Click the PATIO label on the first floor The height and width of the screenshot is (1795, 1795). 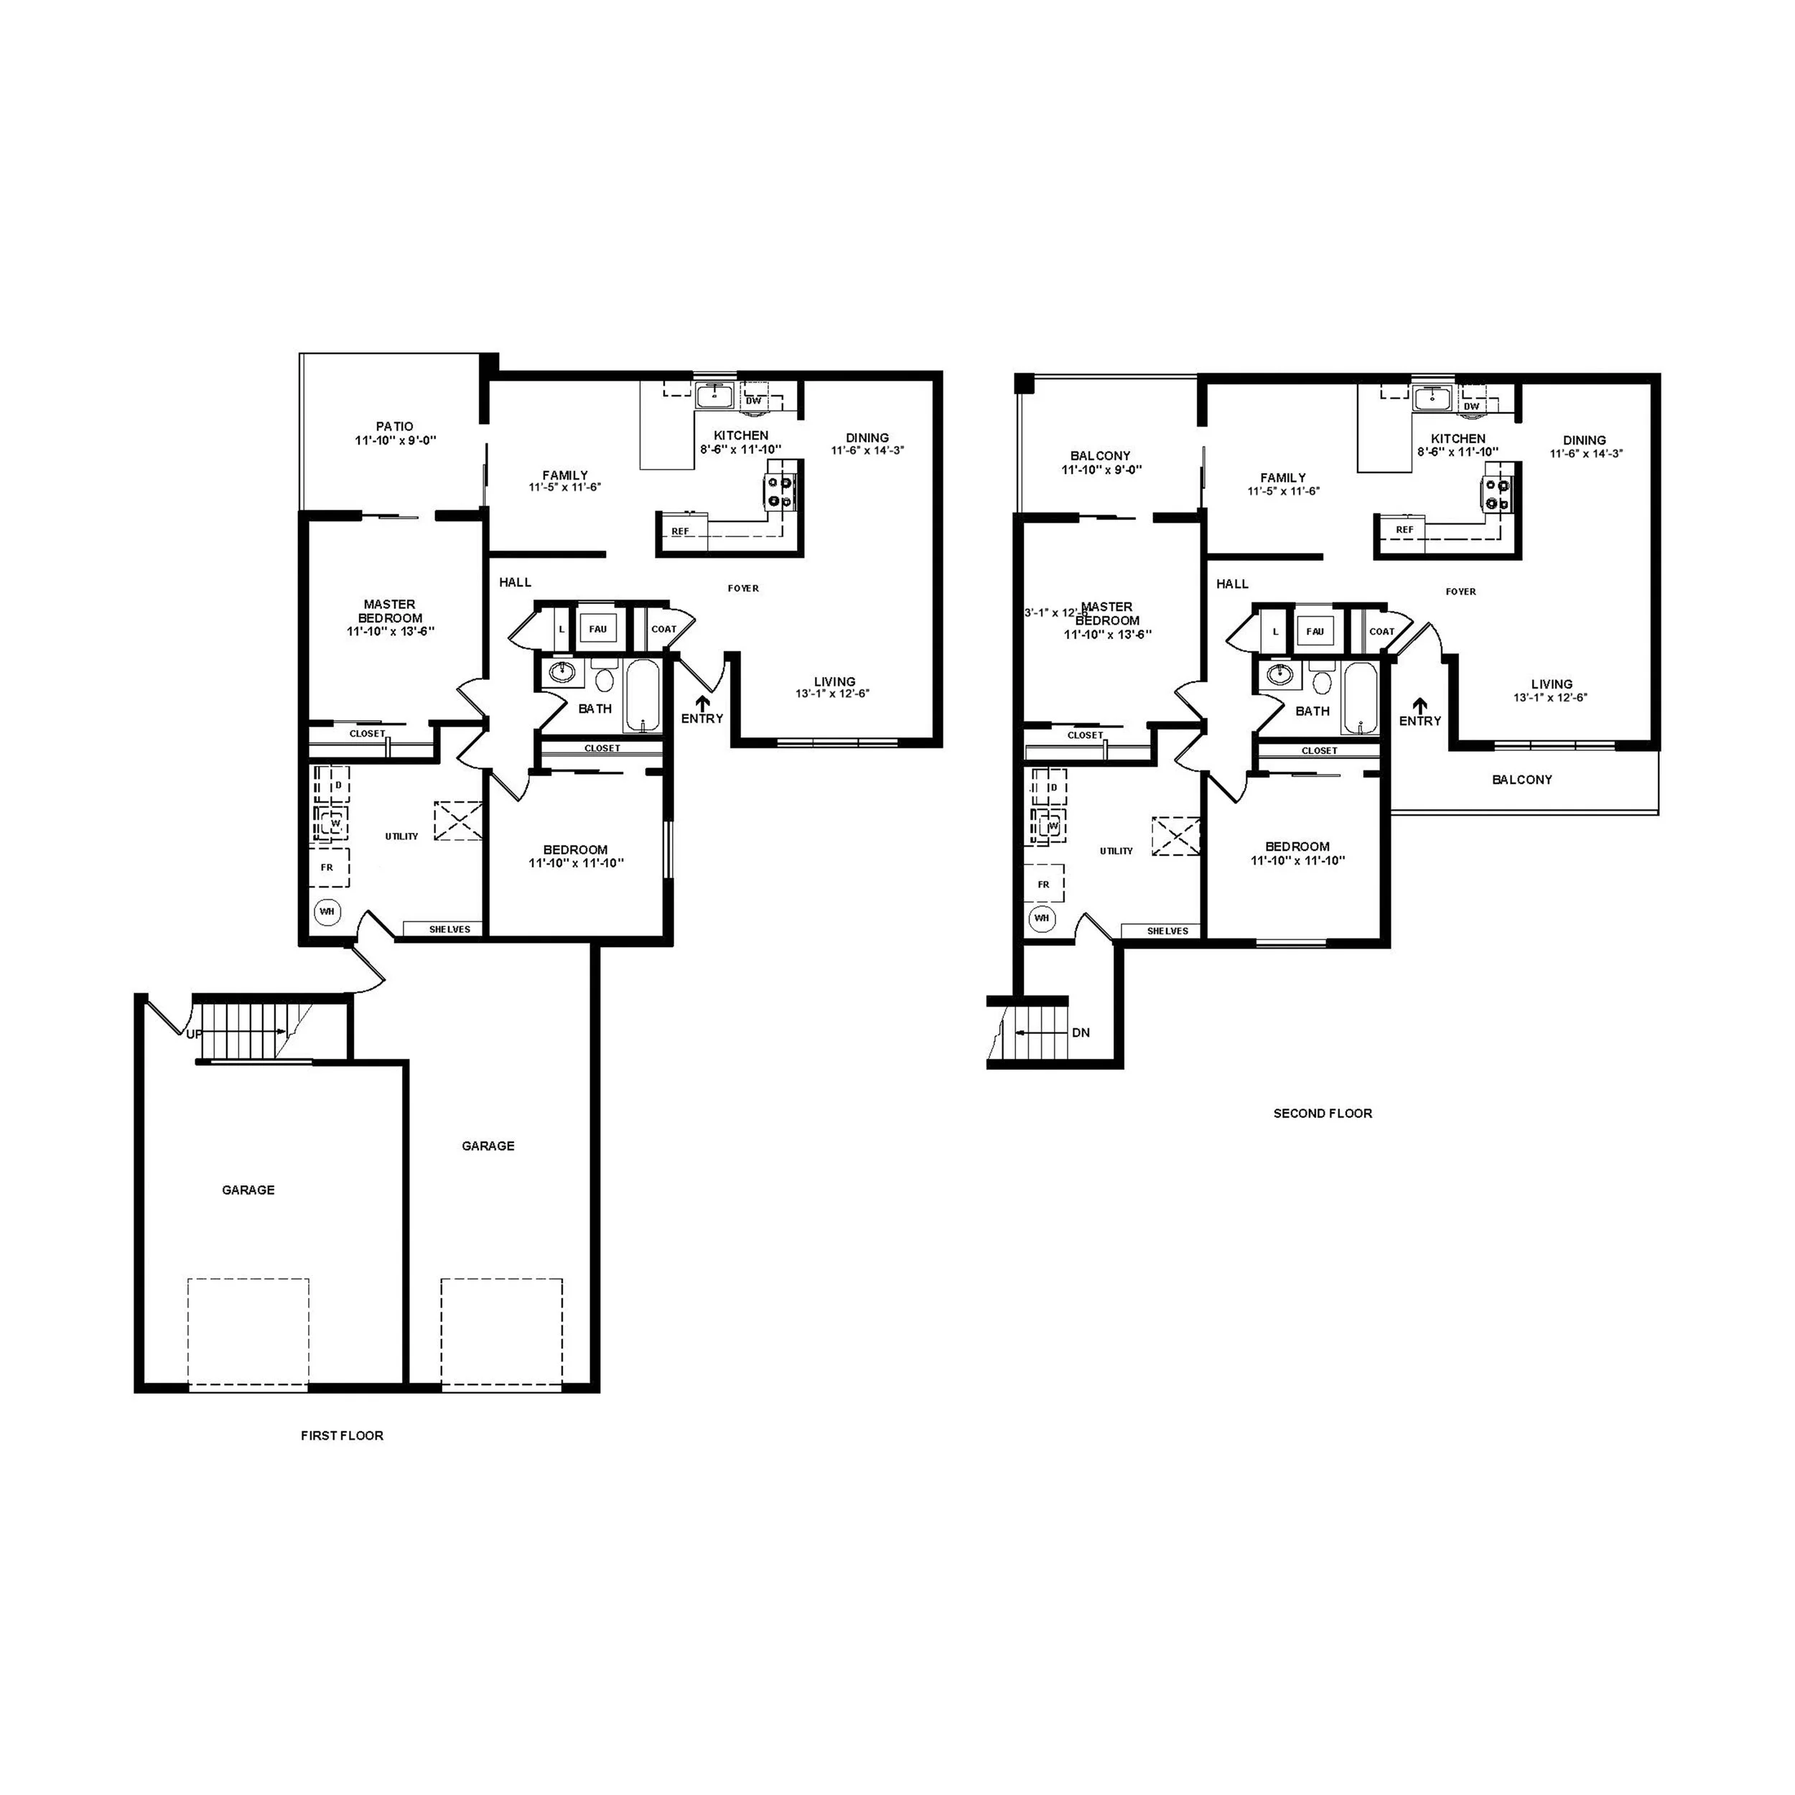click(395, 426)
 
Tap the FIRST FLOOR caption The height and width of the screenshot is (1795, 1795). click(342, 1435)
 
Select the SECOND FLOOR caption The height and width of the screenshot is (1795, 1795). click(1322, 1113)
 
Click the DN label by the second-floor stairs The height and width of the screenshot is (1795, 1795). click(1081, 1032)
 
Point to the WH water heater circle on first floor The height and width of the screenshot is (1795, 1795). click(327, 911)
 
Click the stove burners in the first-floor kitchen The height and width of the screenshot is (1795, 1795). click(778, 493)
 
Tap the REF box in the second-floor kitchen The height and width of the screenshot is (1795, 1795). click(1404, 530)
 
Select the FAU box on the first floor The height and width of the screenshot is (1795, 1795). click(597, 629)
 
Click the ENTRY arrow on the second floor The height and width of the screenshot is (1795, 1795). click(1419, 705)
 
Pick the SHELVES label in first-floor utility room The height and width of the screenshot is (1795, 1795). click(449, 929)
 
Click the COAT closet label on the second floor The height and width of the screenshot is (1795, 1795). click(1381, 632)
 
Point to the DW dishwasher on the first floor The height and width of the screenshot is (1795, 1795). click(753, 401)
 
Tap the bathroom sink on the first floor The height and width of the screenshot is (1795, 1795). click(562, 672)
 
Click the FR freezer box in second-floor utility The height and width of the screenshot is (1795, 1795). click(1043, 885)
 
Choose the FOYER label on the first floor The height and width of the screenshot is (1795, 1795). click(743, 588)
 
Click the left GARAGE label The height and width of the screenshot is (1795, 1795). click(248, 1189)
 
